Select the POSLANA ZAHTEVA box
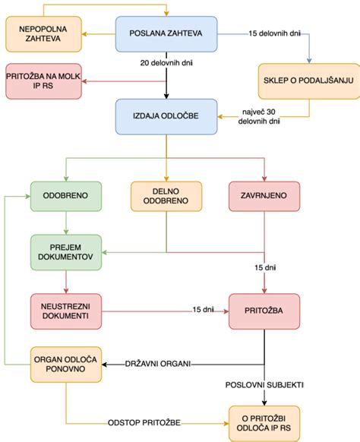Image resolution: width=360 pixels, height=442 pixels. click(x=166, y=35)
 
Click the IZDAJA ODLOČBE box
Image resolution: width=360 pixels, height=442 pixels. click(x=166, y=118)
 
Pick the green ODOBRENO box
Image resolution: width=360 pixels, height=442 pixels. click(x=67, y=195)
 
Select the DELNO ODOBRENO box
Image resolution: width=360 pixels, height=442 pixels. click(x=166, y=195)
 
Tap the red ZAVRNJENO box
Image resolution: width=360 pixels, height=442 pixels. click(x=265, y=195)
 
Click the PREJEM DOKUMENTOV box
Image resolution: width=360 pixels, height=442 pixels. click(x=67, y=253)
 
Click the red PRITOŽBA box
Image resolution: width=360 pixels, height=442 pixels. click(x=265, y=311)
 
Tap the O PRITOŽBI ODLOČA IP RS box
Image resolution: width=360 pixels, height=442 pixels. click(x=265, y=423)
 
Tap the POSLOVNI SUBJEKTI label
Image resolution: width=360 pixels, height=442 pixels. click(x=265, y=385)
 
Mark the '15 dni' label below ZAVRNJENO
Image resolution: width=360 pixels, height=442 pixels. click(x=265, y=267)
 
